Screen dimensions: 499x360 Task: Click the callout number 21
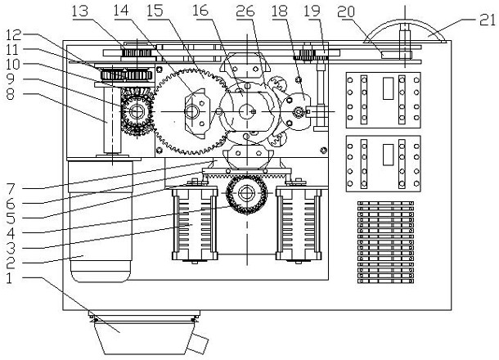pyautogui.click(x=488, y=20)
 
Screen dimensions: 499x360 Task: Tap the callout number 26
pyautogui.click(x=245, y=11)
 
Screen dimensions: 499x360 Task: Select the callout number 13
pyautogui.click(x=80, y=11)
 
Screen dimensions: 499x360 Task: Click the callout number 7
pyautogui.click(x=11, y=189)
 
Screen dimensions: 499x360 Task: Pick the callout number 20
pyautogui.click(x=346, y=11)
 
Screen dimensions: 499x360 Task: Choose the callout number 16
pyautogui.click(x=200, y=11)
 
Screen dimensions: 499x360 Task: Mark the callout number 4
pyautogui.click(x=11, y=233)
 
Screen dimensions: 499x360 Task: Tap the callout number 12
pyautogui.click(x=13, y=35)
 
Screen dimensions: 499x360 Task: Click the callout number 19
pyautogui.click(x=312, y=11)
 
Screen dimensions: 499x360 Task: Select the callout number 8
pyautogui.click(x=11, y=94)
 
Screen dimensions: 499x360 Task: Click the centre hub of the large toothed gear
pyautogui.click(x=192, y=111)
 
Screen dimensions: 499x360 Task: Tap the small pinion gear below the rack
pyautogui.click(x=246, y=194)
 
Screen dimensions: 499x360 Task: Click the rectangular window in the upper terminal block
pyautogui.click(x=388, y=88)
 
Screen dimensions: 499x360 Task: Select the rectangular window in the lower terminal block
pyautogui.click(x=388, y=155)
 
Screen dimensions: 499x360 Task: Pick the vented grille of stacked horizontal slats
pyautogui.click(x=386, y=242)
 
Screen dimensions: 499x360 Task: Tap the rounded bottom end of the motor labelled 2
pyautogui.click(x=101, y=274)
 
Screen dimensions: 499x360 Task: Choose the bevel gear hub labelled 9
pyautogui.click(x=137, y=111)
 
